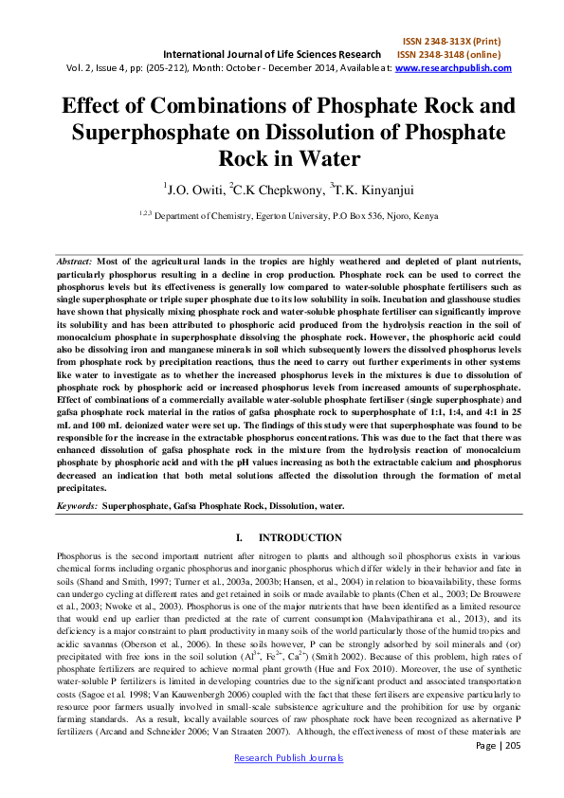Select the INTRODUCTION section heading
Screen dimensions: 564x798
[299, 537]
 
